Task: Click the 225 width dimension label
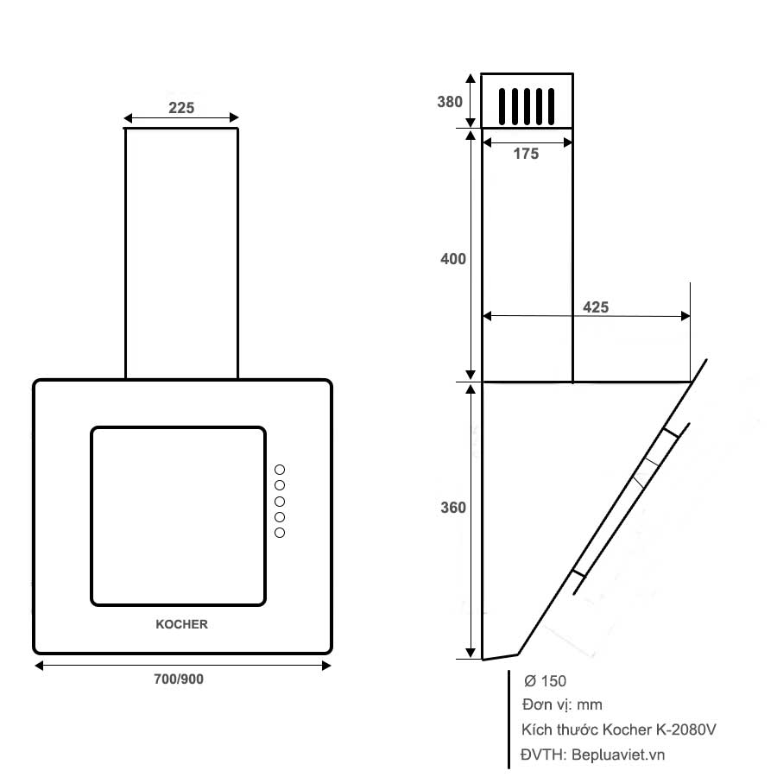pos(181,108)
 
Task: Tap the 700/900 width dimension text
pos(179,679)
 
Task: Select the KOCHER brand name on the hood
pos(181,624)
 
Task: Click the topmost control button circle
pos(280,470)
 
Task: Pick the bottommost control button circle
pos(280,533)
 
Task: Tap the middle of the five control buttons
pos(280,502)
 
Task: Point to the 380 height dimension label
pos(450,101)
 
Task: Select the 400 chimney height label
pos(452,259)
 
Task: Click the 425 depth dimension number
pos(596,307)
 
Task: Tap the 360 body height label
pos(452,508)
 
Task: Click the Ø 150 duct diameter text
pos(545,681)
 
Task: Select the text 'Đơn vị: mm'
pos(562,705)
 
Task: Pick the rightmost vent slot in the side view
pos(551,108)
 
